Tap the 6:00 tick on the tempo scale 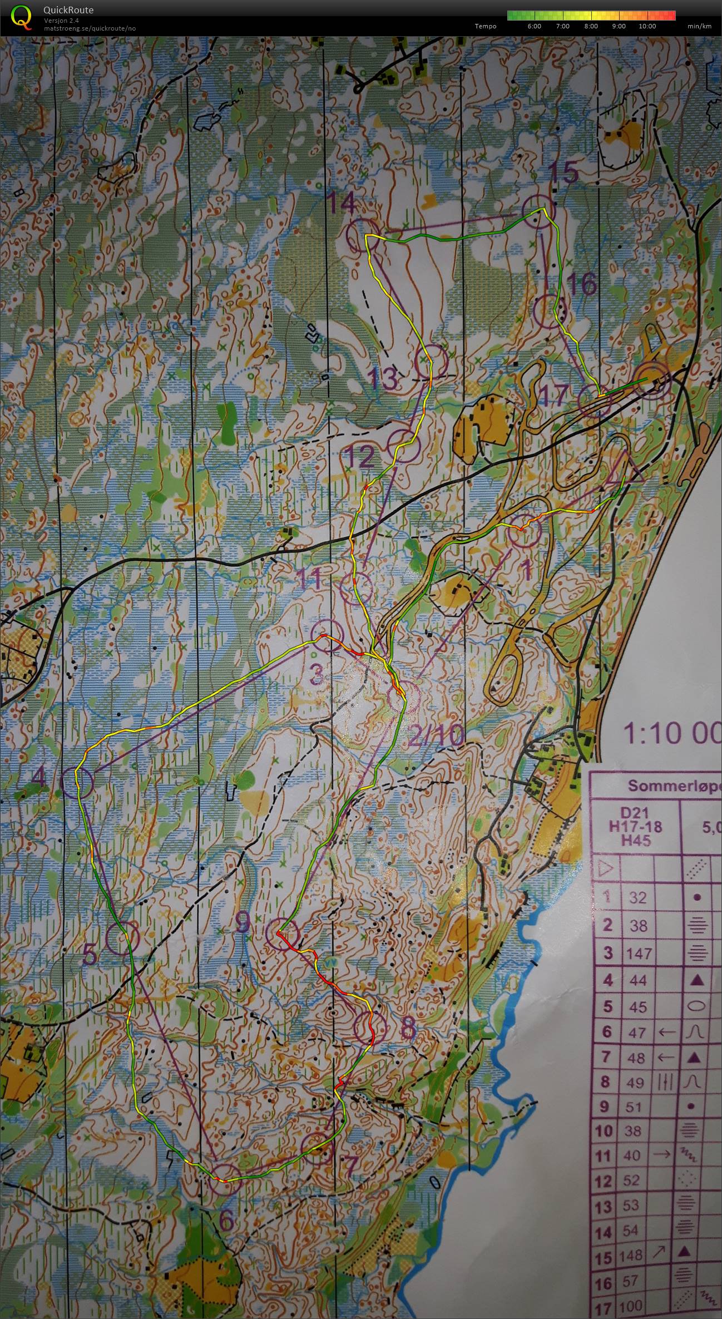coord(533,26)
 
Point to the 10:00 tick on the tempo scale coord(647,26)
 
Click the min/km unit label coord(699,26)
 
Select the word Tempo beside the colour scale coord(486,26)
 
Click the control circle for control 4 coord(77,784)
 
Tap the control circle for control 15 coord(538,211)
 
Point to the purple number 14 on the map coord(340,202)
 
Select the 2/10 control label coord(436,737)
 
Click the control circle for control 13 coord(432,361)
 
